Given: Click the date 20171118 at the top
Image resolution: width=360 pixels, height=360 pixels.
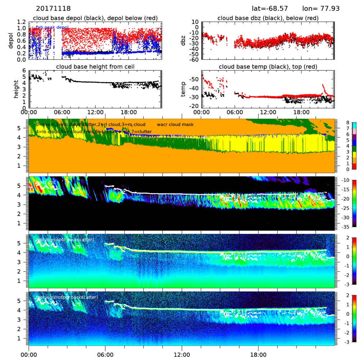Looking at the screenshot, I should (x=54, y=8).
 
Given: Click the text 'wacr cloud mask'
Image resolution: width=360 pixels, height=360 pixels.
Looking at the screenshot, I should (x=175, y=125).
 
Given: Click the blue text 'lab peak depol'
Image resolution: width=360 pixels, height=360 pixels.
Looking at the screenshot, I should (x=52, y=28).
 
